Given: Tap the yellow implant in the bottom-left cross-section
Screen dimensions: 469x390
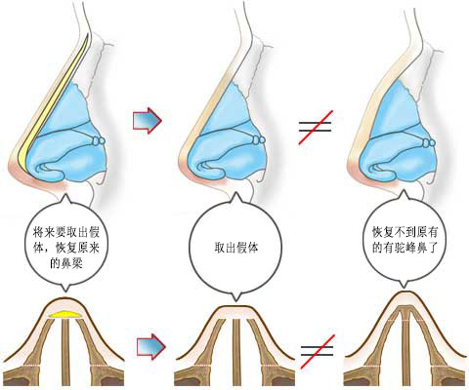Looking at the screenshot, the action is pyautogui.click(x=66, y=314).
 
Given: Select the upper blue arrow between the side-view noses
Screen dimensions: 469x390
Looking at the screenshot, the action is pyautogui.click(x=148, y=120).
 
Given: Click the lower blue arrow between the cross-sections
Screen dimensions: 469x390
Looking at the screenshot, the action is pyautogui.click(x=151, y=347).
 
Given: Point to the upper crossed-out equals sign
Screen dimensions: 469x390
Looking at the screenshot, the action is pyautogui.click(x=316, y=127).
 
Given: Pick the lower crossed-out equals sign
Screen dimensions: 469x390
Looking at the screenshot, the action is pyautogui.click(x=318, y=351).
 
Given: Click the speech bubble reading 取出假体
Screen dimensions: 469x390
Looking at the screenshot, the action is pyautogui.click(x=236, y=248).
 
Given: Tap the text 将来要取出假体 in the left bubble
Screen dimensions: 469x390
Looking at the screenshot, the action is pyautogui.click(x=66, y=233).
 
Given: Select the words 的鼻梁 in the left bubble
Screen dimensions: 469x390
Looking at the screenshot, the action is pyautogui.click(x=66, y=263).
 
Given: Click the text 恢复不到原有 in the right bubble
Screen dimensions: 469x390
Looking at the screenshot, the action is pyautogui.click(x=405, y=233).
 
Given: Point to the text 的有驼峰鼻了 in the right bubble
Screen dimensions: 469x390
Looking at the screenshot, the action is pyautogui.click(x=405, y=248).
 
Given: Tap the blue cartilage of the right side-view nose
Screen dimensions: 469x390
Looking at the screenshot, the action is pyautogui.click(x=396, y=130).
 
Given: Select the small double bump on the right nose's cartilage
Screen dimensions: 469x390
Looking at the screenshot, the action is pyautogui.click(x=429, y=142).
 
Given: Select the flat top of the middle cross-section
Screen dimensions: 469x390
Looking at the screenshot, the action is pyautogui.click(x=236, y=307).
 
